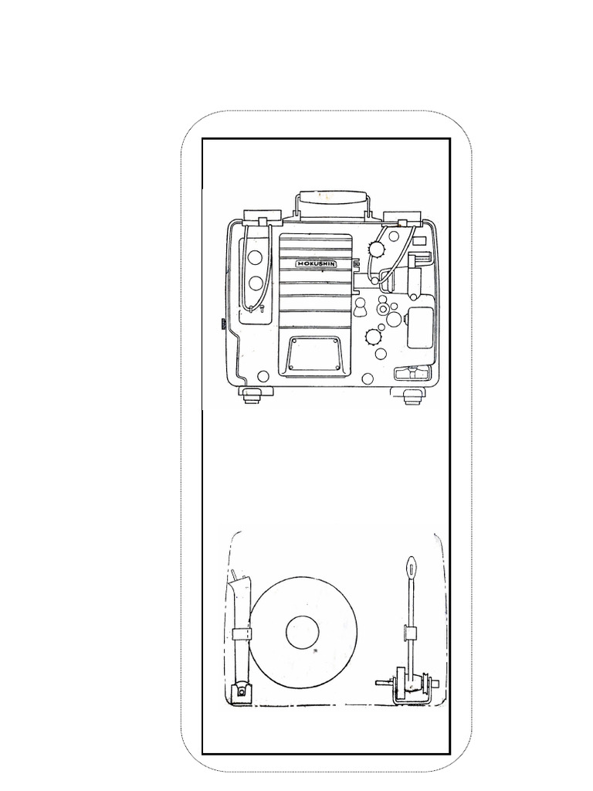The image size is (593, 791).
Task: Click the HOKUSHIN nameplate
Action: click(317, 264)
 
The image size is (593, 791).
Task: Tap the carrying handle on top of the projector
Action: click(332, 199)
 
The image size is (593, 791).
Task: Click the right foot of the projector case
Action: click(412, 395)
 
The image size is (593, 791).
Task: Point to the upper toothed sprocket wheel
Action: click(376, 249)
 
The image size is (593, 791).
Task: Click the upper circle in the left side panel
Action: click(255, 257)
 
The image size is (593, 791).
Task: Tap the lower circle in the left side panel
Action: click(256, 283)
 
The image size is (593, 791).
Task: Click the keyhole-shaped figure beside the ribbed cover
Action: click(361, 307)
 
